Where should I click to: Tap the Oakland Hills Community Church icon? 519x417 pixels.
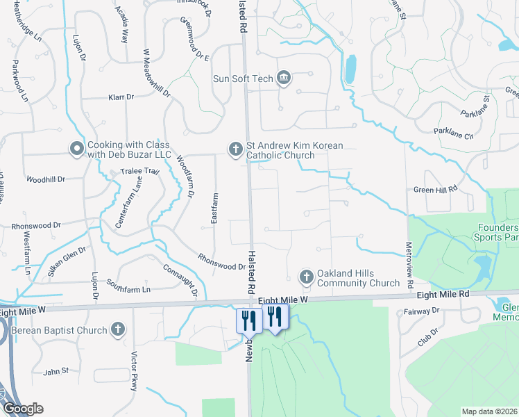(x=306, y=277)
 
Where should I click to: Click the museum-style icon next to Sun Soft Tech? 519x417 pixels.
(x=283, y=78)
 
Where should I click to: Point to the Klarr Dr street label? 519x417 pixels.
(x=121, y=97)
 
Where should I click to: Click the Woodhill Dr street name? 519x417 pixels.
(x=46, y=179)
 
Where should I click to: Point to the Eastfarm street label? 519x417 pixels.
(x=214, y=208)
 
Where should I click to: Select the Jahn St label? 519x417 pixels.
(x=56, y=371)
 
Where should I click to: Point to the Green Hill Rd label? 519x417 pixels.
(x=436, y=189)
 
